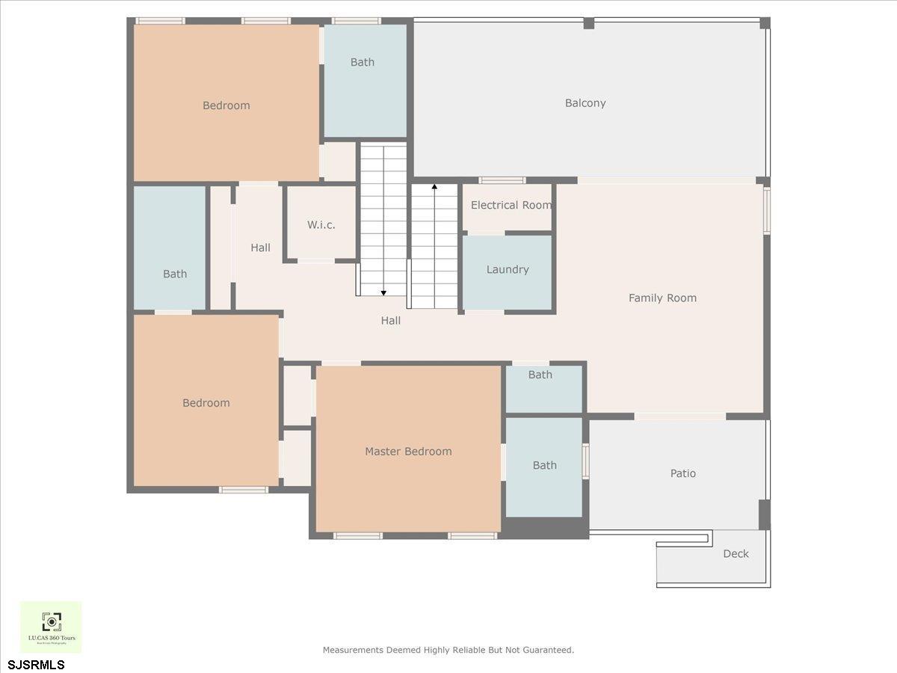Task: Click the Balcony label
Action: (x=585, y=103)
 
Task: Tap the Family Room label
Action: (x=662, y=298)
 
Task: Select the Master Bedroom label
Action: (x=408, y=452)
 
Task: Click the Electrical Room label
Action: (x=511, y=205)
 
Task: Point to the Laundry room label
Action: (x=508, y=269)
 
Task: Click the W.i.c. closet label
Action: (x=321, y=225)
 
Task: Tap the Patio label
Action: (x=682, y=473)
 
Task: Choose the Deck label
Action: (x=736, y=554)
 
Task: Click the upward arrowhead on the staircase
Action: (x=434, y=186)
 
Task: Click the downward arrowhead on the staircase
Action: (x=383, y=292)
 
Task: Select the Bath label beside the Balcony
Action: (x=363, y=62)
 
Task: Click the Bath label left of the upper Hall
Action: (x=175, y=274)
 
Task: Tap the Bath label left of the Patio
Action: (x=544, y=465)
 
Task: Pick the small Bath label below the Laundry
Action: (x=540, y=375)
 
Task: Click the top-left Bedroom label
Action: (x=226, y=105)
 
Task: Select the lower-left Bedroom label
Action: (x=206, y=403)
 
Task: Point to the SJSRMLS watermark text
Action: (x=37, y=664)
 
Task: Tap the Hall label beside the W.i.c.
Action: (x=260, y=248)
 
